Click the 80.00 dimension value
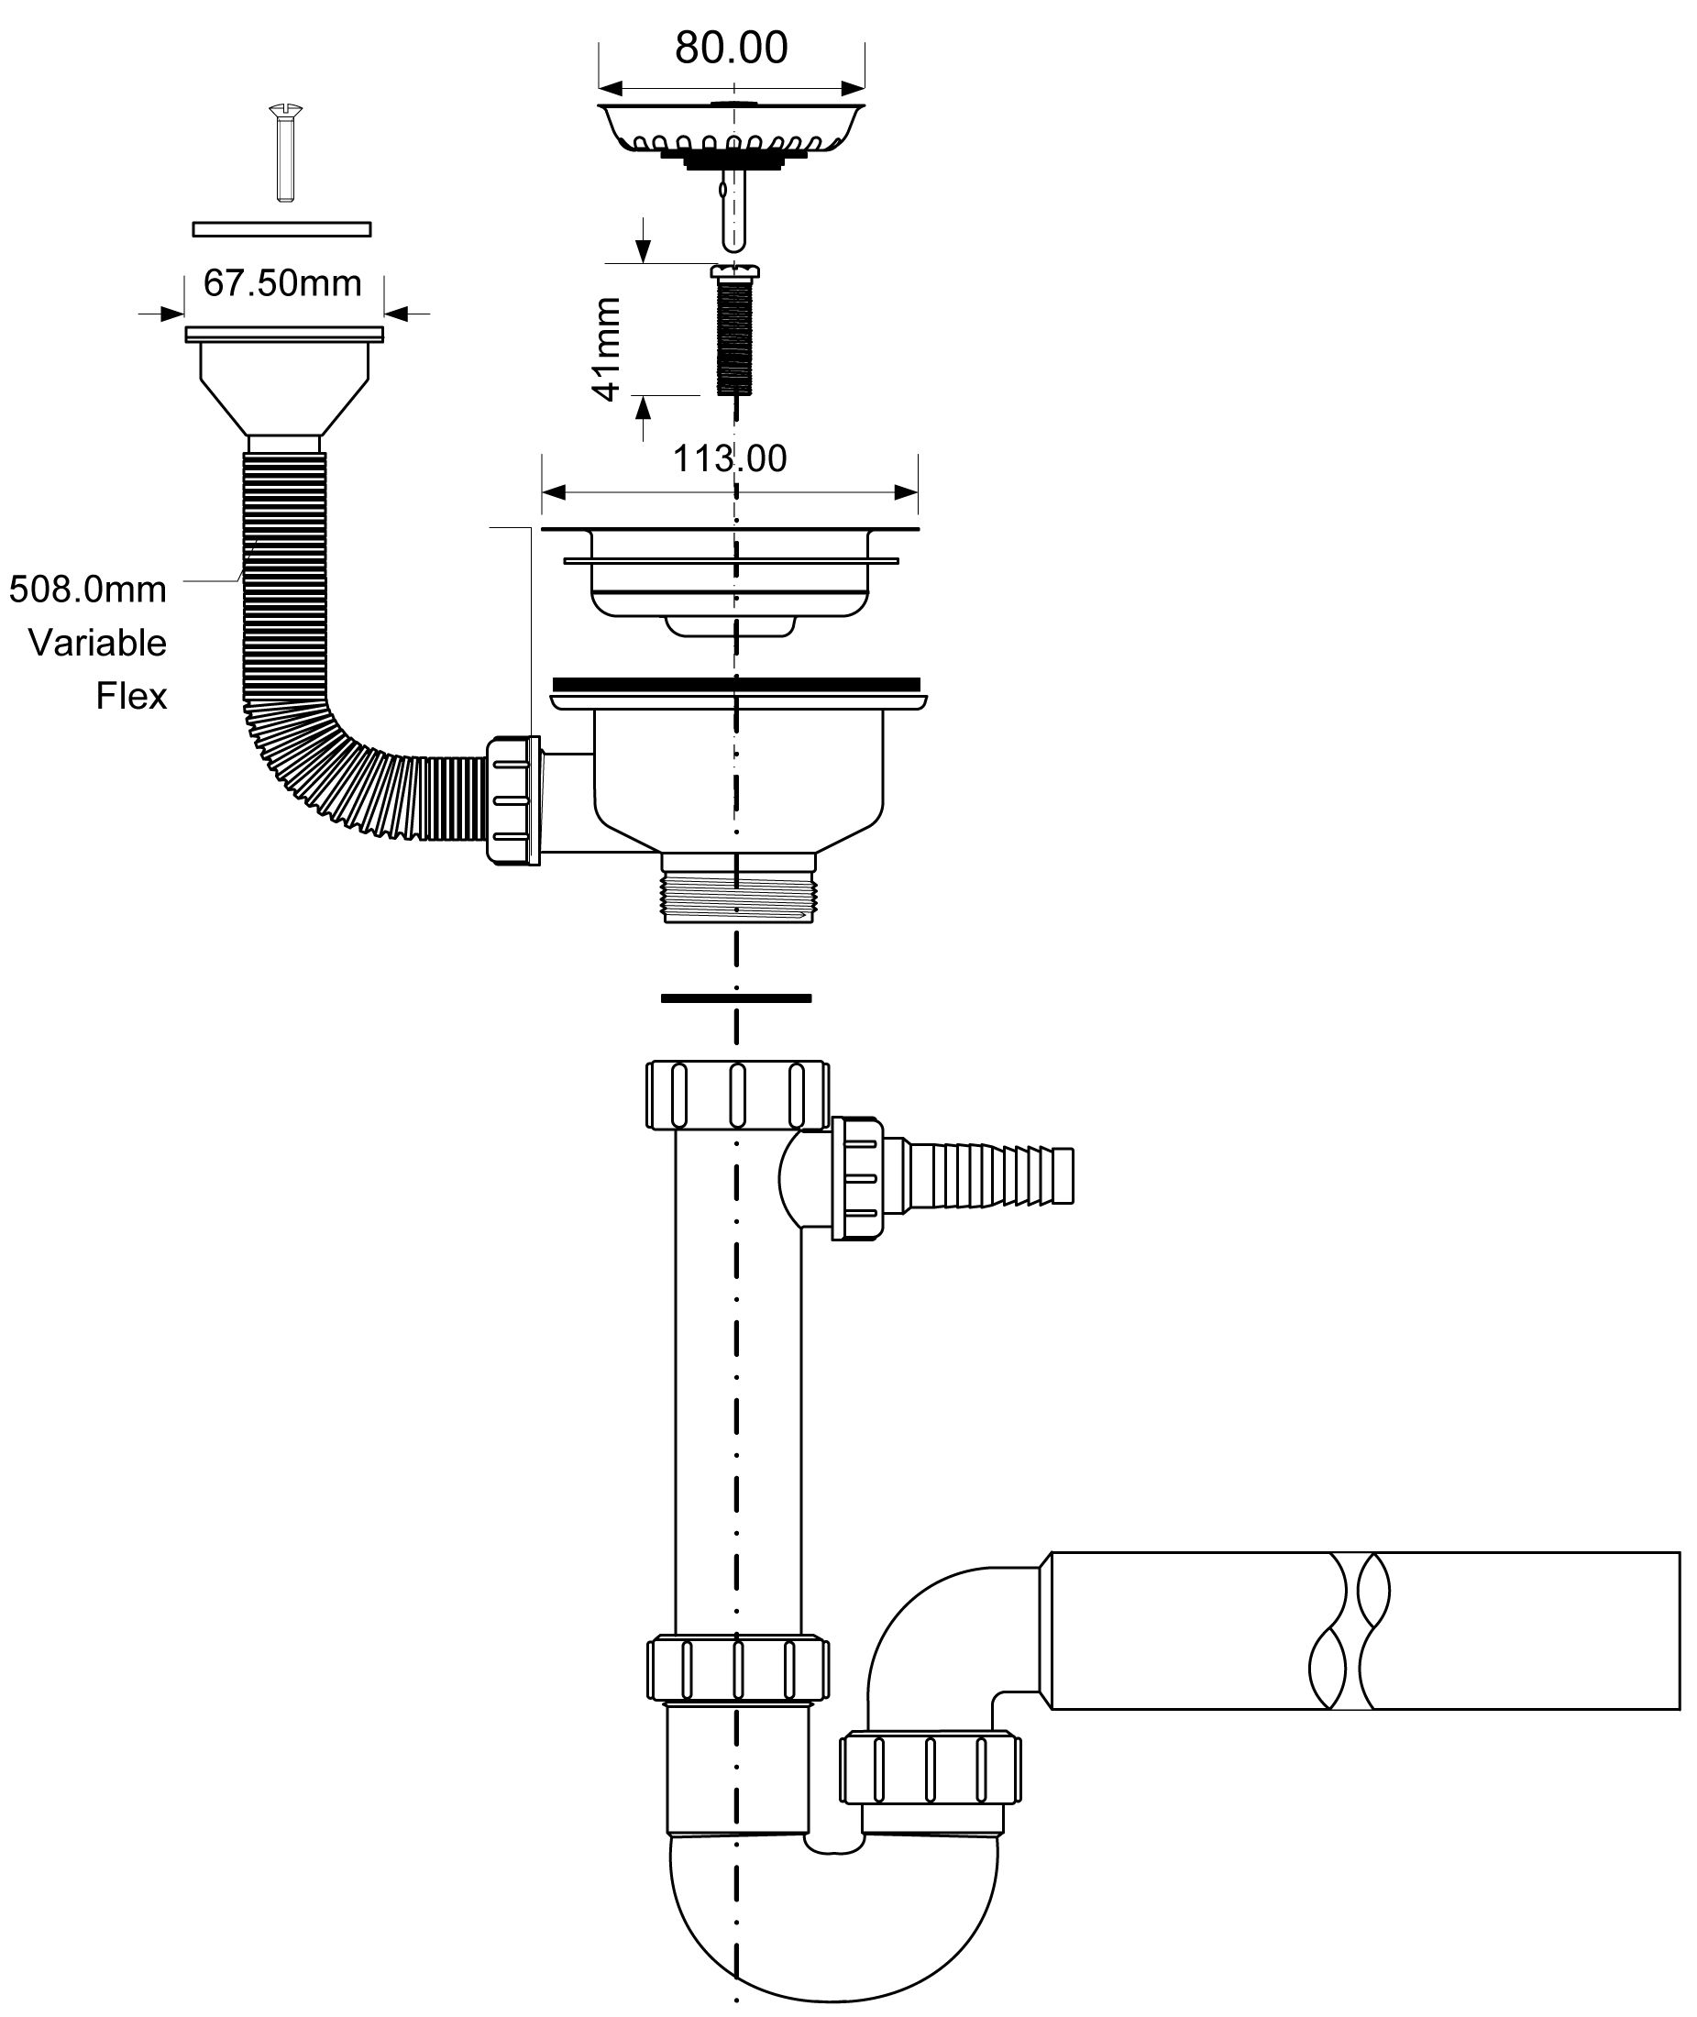[731, 48]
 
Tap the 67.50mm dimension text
[281, 283]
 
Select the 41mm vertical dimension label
[607, 348]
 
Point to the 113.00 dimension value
[729, 458]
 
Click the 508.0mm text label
[87, 589]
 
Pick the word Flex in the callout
[131, 696]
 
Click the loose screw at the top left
[282, 153]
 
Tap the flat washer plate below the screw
[281, 229]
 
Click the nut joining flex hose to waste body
[512, 800]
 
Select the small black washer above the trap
[736, 998]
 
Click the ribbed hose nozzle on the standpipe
[991, 1174]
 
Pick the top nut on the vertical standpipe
[737, 1095]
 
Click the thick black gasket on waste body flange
[737, 685]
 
